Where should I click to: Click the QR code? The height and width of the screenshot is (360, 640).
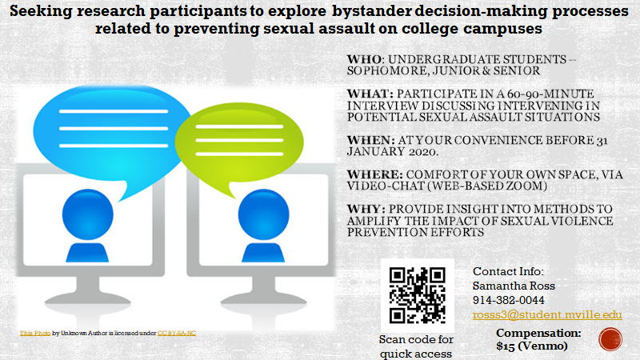(417, 295)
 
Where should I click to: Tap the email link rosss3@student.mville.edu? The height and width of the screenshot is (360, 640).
(547, 314)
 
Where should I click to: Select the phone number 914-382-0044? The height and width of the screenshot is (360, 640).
(509, 301)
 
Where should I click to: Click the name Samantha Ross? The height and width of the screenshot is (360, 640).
(514, 286)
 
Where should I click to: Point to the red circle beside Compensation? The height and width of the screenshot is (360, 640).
(610, 339)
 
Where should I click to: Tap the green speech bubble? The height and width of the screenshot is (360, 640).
(239, 144)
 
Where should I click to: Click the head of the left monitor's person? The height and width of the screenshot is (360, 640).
(88, 214)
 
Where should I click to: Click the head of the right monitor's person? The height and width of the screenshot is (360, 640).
(264, 214)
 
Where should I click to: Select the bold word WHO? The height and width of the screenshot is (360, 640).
(365, 59)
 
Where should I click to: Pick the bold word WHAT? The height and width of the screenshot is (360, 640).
(370, 94)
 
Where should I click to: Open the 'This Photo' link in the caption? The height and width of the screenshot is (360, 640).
(35, 333)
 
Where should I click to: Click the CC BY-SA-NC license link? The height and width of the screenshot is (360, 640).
(177, 333)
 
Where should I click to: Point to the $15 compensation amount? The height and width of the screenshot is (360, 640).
(506, 346)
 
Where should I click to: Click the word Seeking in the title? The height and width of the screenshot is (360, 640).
(41, 11)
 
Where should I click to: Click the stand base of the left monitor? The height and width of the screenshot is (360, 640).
(88, 300)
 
